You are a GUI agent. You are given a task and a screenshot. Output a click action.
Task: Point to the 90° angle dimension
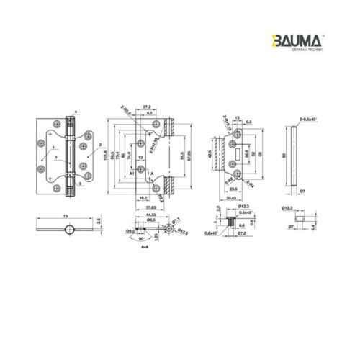click(143, 238)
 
